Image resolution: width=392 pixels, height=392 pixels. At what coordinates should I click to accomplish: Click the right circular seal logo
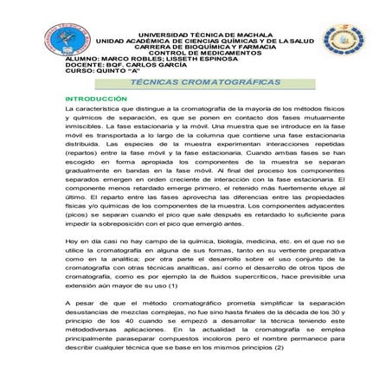pos(339,42)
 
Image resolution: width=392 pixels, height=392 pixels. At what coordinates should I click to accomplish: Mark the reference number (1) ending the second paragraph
pos(173,286)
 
